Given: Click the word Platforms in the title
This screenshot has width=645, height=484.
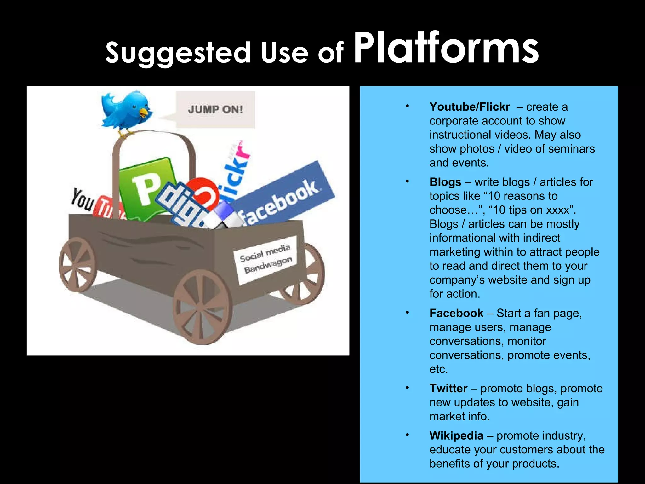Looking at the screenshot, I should click(446, 49).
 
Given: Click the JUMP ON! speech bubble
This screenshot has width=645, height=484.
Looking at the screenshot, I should click(215, 109).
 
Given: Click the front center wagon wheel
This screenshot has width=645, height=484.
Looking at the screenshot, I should click(203, 307).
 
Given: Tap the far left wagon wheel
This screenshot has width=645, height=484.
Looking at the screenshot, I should click(77, 265).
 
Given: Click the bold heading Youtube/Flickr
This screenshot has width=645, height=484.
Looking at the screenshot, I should click(469, 107).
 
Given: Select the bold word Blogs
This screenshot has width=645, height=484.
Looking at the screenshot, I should click(445, 182).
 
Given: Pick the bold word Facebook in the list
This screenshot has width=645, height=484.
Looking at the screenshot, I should click(456, 313).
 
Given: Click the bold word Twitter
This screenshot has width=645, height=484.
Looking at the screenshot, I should click(448, 388).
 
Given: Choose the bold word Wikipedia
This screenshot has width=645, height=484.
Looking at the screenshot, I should click(456, 435).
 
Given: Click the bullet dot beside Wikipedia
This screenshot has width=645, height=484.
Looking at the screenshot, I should click(407, 435).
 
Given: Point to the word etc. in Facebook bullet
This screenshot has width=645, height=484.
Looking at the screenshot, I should click(438, 369).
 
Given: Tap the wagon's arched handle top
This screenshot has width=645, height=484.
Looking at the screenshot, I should click(154, 134).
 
